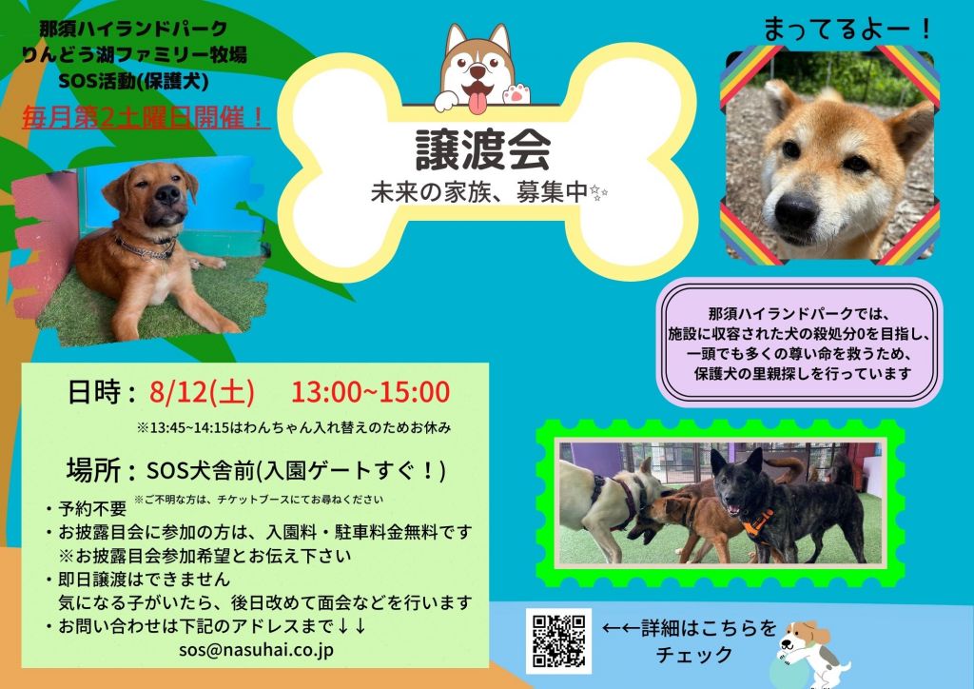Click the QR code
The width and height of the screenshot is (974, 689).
558,640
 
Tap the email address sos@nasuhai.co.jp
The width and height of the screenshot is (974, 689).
256,649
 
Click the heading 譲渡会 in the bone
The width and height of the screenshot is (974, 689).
482,149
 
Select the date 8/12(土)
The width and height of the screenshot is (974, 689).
202,393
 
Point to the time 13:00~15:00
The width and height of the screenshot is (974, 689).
371,392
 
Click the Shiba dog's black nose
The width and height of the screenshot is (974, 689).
796,211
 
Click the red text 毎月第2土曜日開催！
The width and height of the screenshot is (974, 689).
146,117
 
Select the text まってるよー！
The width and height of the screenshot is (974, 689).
847,29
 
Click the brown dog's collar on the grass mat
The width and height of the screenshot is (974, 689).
146,248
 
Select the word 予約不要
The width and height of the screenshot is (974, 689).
92,509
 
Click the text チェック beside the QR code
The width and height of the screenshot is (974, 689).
694,655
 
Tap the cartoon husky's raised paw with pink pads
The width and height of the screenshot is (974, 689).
516,94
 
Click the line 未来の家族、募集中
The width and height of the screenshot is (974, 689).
479,193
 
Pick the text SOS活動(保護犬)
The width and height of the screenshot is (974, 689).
133,82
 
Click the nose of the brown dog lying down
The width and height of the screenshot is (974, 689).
167,195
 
